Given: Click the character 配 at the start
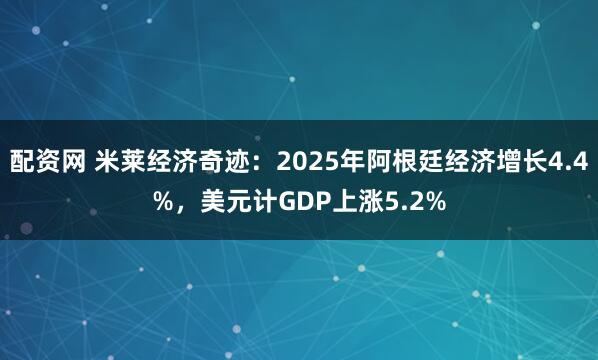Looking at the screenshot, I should pos(22,162).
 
